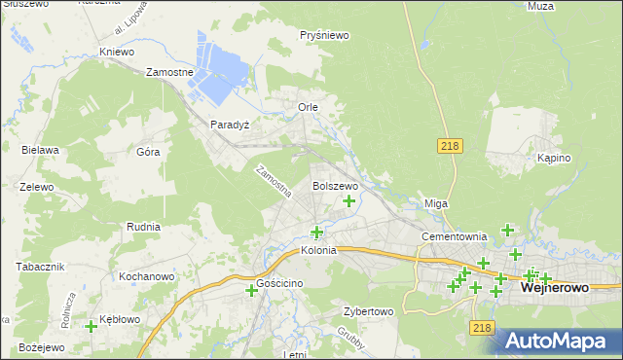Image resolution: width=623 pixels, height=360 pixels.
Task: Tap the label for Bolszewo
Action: point(335,185)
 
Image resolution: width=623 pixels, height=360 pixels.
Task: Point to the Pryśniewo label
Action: point(325,35)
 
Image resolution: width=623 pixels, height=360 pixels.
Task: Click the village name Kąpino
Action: point(553,158)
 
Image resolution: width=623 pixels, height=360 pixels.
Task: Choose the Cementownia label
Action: point(454,236)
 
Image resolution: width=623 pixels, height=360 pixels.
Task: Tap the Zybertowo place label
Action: point(368,312)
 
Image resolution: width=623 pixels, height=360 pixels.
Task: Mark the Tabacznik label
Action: point(40,266)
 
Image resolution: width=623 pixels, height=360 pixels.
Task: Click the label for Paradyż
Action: point(231,125)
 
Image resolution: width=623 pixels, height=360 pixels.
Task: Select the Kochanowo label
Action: point(146,276)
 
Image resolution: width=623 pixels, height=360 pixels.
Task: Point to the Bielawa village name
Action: point(41,150)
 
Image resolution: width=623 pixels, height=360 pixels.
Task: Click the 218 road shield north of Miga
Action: point(449,145)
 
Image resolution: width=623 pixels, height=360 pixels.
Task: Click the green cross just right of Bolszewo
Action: point(348,201)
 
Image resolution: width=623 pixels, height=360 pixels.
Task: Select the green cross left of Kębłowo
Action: point(92,326)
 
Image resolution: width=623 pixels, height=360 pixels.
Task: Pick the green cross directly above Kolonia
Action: point(316,232)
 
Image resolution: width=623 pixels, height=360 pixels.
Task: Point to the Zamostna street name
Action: point(273,181)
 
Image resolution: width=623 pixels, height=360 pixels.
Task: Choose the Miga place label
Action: point(435,203)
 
